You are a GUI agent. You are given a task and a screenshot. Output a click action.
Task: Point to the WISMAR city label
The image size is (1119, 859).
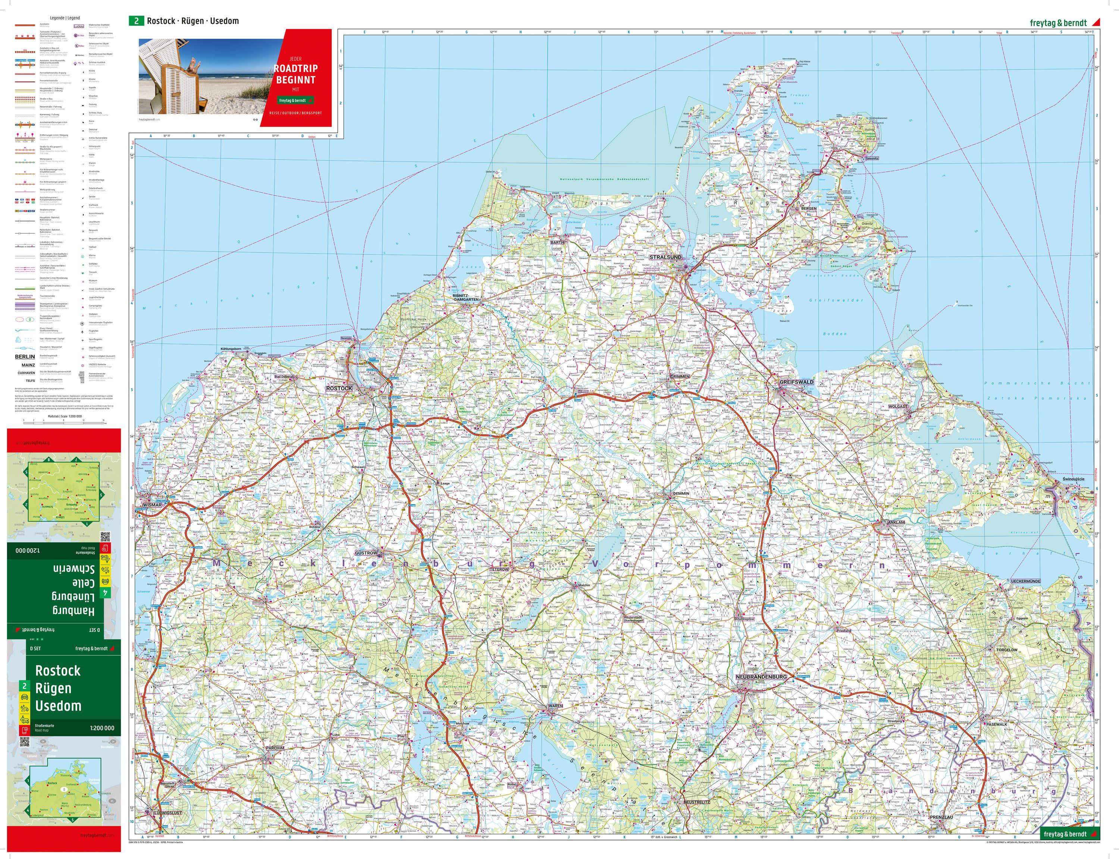(x=153, y=505)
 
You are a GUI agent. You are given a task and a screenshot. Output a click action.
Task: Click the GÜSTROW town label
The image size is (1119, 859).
(x=366, y=553)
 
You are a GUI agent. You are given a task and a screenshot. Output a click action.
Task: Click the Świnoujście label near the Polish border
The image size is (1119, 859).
(x=1073, y=479)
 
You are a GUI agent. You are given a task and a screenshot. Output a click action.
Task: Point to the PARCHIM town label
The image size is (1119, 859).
(x=275, y=748)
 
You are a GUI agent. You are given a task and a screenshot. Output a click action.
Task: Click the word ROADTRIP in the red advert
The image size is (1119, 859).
(x=296, y=69)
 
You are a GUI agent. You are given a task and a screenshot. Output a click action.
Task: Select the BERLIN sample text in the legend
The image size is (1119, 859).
(x=25, y=357)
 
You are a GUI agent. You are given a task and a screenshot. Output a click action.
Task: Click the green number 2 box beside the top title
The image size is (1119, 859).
(x=136, y=21)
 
